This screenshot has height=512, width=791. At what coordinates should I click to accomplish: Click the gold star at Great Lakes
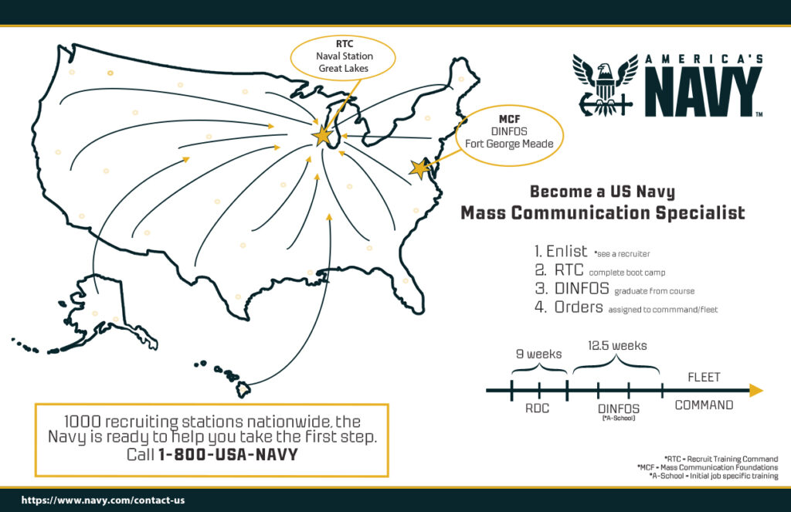pyautogui.click(x=322, y=136)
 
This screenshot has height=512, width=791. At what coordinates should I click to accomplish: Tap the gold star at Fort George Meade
pyautogui.click(x=420, y=168)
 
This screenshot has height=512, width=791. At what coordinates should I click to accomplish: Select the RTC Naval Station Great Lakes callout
pyautogui.click(x=343, y=56)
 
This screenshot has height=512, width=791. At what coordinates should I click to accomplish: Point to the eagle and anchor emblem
pyautogui.click(x=605, y=85)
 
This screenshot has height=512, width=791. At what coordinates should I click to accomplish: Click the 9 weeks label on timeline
pyautogui.click(x=538, y=354)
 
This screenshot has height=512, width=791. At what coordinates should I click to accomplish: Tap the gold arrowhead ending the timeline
pyautogui.click(x=756, y=390)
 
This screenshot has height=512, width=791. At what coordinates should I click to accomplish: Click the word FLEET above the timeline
pyautogui.click(x=704, y=378)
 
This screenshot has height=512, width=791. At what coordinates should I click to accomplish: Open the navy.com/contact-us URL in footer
pyautogui.click(x=103, y=500)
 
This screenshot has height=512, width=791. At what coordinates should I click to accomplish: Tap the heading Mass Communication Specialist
pyautogui.click(x=603, y=213)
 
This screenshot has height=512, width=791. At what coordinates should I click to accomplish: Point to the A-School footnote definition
pyautogui.click(x=714, y=476)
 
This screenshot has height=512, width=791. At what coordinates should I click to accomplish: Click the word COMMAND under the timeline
pyautogui.click(x=704, y=405)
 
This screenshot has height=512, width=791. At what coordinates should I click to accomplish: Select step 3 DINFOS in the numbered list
pyautogui.click(x=572, y=289)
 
